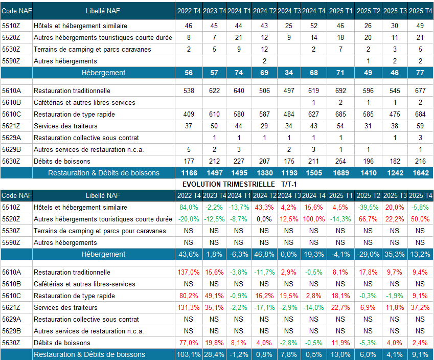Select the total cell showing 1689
tap(340, 173)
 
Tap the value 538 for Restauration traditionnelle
tap(189, 91)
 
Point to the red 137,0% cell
tap(189, 273)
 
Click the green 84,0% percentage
tap(189, 208)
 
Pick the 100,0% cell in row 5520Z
tap(313, 219)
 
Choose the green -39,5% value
tap(368, 208)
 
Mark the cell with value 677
tap(420, 91)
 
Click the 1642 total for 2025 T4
tap(420, 173)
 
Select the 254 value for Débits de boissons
tap(340, 162)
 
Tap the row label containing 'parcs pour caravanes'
tap(100, 231)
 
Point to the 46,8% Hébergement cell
tap(264, 254)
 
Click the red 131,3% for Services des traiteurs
tap(189, 308)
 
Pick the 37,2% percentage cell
tap(420, 308)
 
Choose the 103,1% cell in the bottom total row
tap(189, 354)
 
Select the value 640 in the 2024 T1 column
tap(239, 91)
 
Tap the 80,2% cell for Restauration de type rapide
tap(189, 296)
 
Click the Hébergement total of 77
tap(420, 73)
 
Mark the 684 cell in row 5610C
tap(420, 115)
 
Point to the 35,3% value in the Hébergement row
tap(394, 254)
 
